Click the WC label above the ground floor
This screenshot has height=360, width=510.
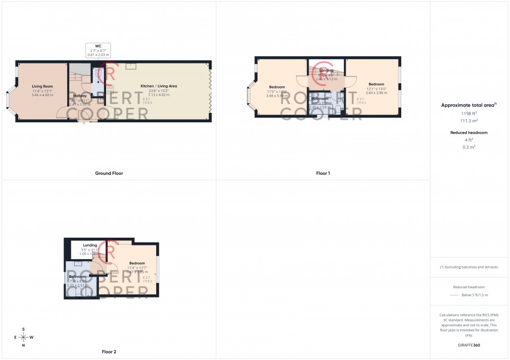click(98, 46)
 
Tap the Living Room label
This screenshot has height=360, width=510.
click(43, 86)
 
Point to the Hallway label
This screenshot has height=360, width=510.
click(80, 96)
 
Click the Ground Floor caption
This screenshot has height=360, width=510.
click(109, 173)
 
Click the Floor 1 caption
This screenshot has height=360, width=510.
click(323, 173)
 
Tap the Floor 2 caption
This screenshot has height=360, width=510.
click(109, 352)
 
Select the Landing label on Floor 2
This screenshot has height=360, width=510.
click(90, 245)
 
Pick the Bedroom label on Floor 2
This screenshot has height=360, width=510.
click(137, 263)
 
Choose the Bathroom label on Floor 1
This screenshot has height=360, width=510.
click(320, 99)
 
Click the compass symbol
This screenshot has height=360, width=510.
click(23, 337)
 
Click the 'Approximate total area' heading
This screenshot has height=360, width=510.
click(468, 105)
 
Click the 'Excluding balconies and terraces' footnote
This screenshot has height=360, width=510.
click(469, 267)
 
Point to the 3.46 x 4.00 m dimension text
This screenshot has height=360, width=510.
click(43, 95)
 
